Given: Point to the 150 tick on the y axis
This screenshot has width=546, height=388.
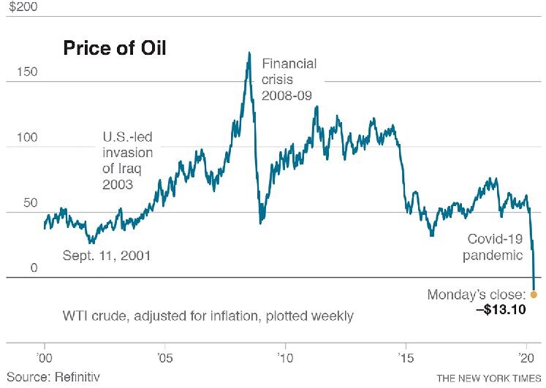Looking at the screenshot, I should [x=16, y=75].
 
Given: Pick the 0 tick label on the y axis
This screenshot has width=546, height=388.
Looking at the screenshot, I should [x=12, y=268].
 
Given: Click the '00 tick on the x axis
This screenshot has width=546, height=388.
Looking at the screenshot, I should [x=45, y=360].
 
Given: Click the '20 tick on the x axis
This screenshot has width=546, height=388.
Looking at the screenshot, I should [x=526, y=360].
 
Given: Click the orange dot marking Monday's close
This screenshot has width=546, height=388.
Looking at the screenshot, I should [x=534, y=294].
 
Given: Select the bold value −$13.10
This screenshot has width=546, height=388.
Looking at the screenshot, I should [x=498, y=310].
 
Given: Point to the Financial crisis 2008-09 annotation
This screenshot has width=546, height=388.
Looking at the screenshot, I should [x=289, y=80].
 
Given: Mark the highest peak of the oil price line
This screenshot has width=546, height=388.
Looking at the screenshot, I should [x=249, y=53].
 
